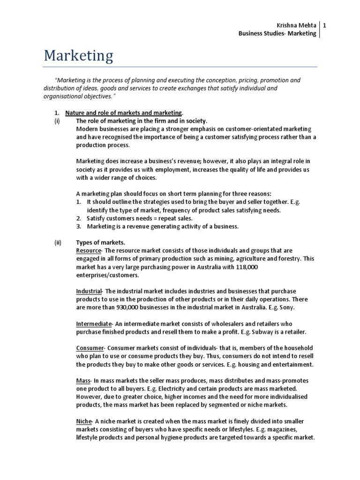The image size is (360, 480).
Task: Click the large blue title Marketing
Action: (78, 56)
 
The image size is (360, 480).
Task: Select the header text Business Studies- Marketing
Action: (277, 34)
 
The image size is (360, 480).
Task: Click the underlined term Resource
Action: (89, 251)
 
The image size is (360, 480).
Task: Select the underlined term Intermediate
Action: (94, 323)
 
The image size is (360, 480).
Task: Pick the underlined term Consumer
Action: (90, 348)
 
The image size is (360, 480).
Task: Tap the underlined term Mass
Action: (83, 380)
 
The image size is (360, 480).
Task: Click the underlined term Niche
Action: (83, 421)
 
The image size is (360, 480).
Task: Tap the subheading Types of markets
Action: (101, 243)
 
